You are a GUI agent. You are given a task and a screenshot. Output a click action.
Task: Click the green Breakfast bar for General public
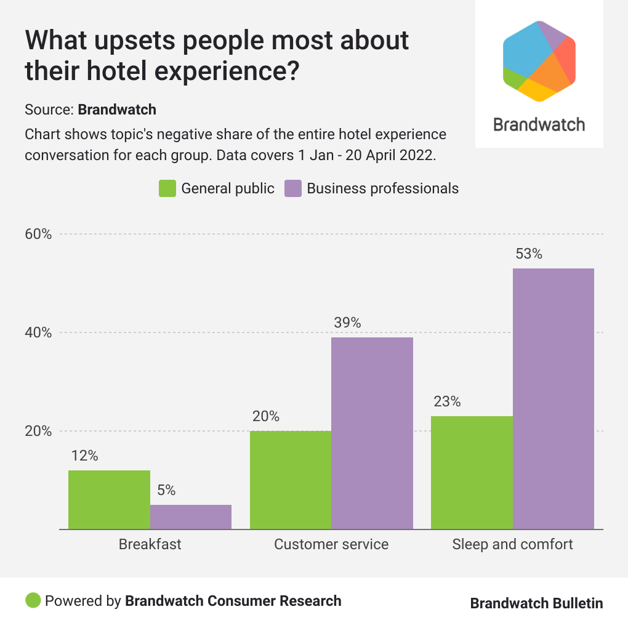109,499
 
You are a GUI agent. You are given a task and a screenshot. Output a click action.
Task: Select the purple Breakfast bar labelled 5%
191,517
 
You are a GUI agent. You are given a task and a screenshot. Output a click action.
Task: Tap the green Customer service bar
290,480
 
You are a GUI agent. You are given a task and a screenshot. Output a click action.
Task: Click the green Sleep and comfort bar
472,472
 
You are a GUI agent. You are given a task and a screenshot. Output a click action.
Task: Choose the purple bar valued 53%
554,398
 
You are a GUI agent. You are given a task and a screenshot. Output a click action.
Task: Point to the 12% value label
84,456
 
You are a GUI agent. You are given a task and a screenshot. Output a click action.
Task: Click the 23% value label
446,401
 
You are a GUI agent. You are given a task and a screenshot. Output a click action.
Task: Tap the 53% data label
528,254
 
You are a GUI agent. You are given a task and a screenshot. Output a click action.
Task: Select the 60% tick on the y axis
38,234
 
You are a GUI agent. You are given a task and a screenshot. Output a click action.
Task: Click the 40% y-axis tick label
38,332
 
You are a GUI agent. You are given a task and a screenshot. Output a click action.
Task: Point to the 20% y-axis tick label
38,431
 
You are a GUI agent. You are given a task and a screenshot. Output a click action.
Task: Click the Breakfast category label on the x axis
150,544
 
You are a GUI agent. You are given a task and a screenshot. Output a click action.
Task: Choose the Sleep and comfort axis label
512,544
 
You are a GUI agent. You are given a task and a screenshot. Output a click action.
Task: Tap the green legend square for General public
167,188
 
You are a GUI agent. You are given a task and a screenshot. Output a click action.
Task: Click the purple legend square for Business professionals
293,188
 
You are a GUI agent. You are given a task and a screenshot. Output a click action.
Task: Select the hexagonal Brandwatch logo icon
539,60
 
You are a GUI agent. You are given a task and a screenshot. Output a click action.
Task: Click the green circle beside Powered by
33,600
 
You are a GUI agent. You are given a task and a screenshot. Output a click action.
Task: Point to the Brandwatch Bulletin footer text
536,603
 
